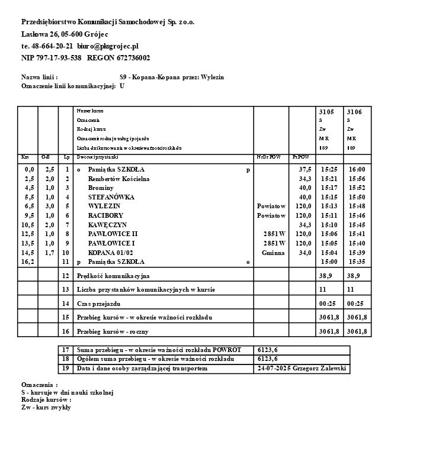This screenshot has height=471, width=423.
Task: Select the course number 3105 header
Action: (x=326, y=111)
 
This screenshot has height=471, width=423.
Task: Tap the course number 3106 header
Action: (x=354, y=111)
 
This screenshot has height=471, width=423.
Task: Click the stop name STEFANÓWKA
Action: (x=111, y=197)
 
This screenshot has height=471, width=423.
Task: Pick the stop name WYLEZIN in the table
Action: (x=104, y=206)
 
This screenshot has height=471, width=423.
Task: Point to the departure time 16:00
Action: (x=357, y=169)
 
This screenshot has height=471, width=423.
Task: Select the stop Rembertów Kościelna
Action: (x=118, y=179)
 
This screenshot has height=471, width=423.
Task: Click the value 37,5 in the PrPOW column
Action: (x=305, y=169)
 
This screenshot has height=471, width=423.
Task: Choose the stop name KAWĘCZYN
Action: (x=107, y=225)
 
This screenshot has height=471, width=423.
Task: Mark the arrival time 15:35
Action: (x=357, y=262)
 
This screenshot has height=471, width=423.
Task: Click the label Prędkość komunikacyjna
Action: (x=113, y=276)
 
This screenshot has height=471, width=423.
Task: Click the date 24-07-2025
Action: (x=274, y=369)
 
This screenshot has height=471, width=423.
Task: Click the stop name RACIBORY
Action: (x=105, y=215)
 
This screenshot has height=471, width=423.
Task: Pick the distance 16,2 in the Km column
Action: (x=27, y=262)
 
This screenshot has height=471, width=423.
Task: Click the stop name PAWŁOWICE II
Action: (x=113, y=234)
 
